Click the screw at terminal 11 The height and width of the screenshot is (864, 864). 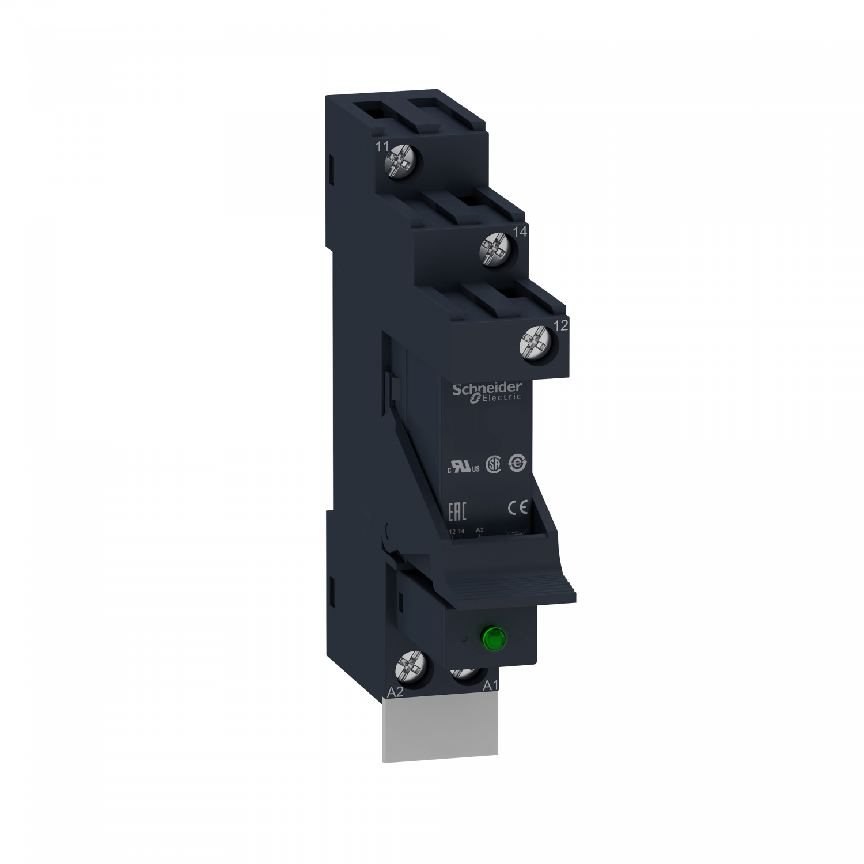point(401,161)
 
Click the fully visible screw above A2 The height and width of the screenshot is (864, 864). point(411,668)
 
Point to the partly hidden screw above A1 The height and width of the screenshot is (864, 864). point(464,673)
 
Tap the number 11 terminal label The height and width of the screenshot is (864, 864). point(381,146)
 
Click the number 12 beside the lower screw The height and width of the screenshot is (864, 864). point(560,325)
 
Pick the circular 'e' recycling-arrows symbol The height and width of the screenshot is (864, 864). point(516,464)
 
